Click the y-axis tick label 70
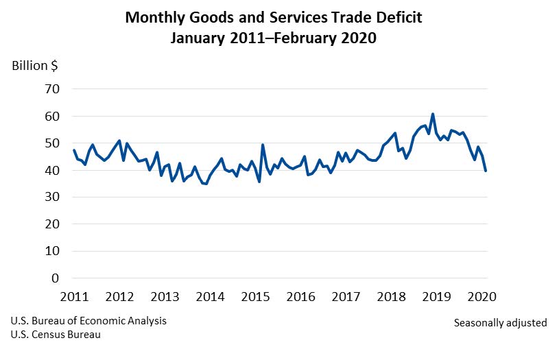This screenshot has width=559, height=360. [x=53, y=89]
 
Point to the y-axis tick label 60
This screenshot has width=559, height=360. [x=53, y=117]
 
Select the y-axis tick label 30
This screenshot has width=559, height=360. [x=53, y=197]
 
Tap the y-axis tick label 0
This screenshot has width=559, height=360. [x=56, y=278]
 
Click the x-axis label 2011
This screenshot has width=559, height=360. [x=74, y=297]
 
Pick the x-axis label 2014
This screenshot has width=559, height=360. [x=210, y=297]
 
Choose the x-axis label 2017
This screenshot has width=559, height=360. [x=346, y=297]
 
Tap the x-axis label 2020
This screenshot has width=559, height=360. [x=481, y=297]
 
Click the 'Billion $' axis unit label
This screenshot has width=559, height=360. [x=35, y=66]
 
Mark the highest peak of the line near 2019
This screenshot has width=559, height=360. [x=433, y=114]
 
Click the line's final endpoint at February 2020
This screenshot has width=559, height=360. [x=486, y=171]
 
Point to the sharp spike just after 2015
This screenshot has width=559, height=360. [x=263, y=145]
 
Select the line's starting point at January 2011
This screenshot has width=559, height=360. [x=73, y=150]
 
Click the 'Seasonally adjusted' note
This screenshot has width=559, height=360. [x=500, y=322]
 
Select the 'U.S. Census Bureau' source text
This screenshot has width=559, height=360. [x=56, y=335]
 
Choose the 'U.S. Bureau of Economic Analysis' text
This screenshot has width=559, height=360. [x=88, y=321]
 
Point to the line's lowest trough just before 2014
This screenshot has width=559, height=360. [x=206, y=184]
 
